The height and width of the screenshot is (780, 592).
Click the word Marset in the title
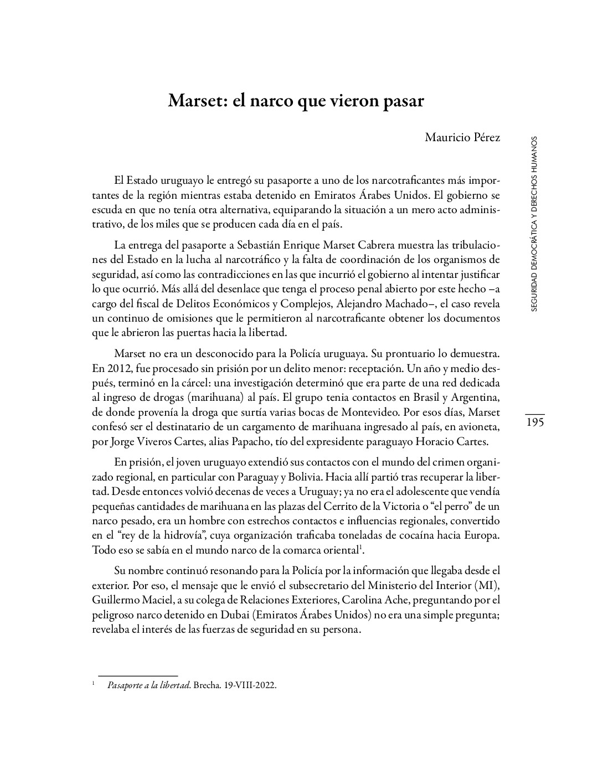tap(193, 101)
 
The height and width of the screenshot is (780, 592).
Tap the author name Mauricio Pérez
tap(462, 137)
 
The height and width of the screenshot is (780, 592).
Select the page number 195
tap(535, 422)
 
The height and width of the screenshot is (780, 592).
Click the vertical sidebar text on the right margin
tap(534, 224)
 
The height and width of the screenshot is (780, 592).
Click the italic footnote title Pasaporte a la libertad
tap(148, 685)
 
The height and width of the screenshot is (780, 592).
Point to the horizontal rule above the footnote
tap(137, 675)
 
